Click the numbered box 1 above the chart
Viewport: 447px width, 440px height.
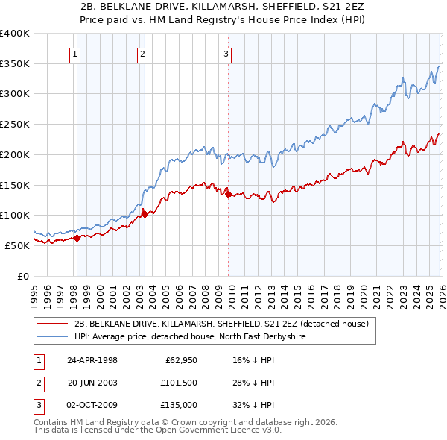pos(77,53)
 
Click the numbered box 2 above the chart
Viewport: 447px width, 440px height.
pos(142,53)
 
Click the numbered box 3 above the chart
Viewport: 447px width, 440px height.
pos(226,53)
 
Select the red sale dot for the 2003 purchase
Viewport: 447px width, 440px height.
pos(145,214)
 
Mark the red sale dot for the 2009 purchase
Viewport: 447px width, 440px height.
pos(228,194)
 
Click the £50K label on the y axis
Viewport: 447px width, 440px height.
pos(16,245)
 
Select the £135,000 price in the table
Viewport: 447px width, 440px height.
pos(180,405)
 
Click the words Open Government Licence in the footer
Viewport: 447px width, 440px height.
pos(215,431)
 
